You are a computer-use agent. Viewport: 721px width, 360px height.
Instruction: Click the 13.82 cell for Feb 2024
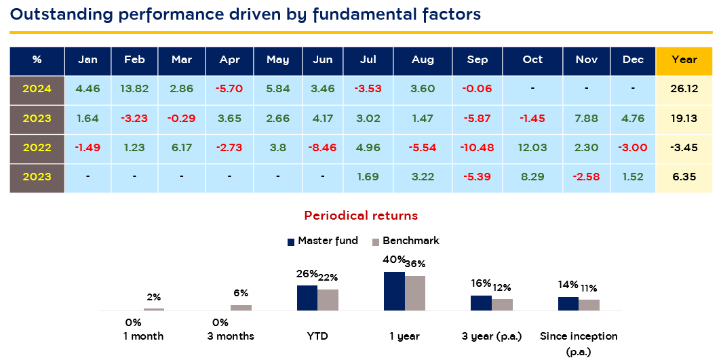[134, 89]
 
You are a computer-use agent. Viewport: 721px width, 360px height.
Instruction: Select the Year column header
[684, 60]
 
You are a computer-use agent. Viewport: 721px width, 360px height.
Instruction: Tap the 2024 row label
[37, 89]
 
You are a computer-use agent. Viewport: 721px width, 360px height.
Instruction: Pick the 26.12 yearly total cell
[684, 89]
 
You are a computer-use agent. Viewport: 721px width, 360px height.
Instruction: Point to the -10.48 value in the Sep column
[478, 148]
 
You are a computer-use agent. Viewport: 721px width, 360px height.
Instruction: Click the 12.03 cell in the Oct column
[532, 148]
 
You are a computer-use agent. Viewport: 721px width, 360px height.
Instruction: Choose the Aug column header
[423, 60]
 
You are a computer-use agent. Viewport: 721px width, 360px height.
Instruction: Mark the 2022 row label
[37, 148]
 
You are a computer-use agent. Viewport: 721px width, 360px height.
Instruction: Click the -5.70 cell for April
[230, 89]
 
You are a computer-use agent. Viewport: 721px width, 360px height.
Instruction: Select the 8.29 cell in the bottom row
[532, 177]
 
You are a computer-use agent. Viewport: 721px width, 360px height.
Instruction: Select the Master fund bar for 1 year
[394, 291]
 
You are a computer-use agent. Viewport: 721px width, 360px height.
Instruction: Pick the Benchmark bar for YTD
[328, 300]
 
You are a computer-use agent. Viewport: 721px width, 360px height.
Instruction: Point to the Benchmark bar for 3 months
[241, 308]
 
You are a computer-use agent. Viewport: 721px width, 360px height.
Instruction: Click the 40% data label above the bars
[394, 260]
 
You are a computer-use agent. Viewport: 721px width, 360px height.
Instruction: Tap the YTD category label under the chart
[317, 336]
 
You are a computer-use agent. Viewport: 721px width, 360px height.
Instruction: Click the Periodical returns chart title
[361, 216]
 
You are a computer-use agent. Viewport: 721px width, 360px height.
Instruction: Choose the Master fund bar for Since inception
[568, 303]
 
